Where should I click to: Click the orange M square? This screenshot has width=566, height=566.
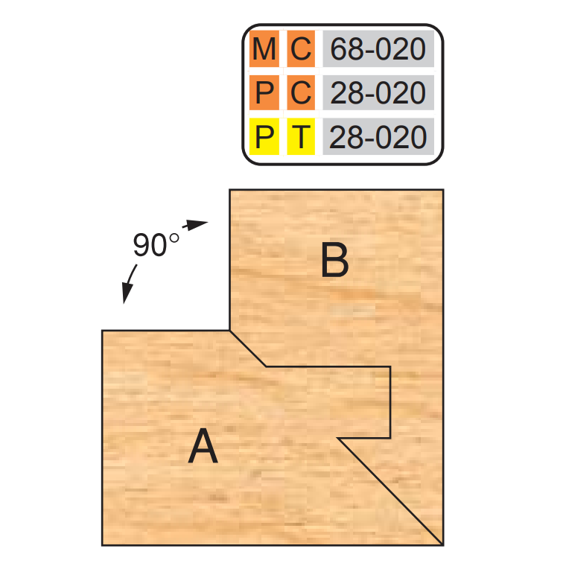click(264, 48)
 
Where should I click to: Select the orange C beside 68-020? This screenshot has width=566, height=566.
click(301, 48)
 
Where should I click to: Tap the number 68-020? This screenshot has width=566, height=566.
click(378, 48)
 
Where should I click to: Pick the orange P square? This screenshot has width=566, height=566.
click(264, 93)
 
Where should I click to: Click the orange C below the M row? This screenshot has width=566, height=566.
click(301, 93)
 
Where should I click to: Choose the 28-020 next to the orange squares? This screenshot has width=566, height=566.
click(378, 93)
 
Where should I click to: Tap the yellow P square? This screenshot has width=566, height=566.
click(264, 136)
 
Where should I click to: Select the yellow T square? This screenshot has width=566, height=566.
click(301, 136)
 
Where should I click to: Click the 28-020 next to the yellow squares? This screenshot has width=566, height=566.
click(378, 137)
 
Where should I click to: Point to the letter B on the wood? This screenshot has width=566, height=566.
click(335, 260)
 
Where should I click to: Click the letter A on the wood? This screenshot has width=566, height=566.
click(203, 445)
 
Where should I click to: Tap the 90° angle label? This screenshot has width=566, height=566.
click(156, 244)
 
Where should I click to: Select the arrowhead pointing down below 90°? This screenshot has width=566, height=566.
click(127, 293)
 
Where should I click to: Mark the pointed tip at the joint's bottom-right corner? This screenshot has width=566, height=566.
click(442, 544)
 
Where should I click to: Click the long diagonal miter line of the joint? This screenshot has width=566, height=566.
click(389, 492)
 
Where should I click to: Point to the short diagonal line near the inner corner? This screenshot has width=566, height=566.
click(248, 349)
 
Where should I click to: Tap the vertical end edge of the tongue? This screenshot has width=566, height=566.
click(390, 402)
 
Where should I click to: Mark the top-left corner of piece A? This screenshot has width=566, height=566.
click(102, 330)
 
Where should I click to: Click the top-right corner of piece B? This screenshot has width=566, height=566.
click(443, 189)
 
